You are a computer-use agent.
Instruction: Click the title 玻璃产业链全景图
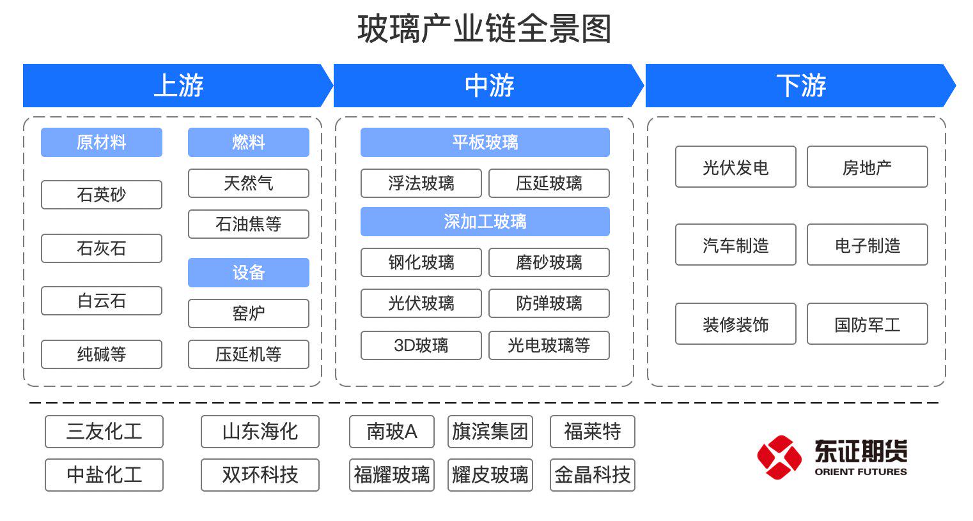(x=485, y=29)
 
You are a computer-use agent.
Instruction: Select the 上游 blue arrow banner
(x=178, y=86)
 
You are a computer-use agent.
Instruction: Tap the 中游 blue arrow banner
(x=488, y=86)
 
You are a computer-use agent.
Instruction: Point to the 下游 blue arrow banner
(x=800, y=86)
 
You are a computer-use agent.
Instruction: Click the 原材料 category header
(x=102, y=142)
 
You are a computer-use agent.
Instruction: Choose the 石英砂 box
(x=102, y=195)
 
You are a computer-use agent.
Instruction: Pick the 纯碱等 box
(x=102, y=354)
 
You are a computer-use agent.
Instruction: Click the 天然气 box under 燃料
(x=248, y=183)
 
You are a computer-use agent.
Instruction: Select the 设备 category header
(x=248, y=273)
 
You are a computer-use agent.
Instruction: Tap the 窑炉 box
(x=248, y=313)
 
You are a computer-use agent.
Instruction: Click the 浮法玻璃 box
(x=421, y=183)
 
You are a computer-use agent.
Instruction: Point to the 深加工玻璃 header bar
(x=485, y=222)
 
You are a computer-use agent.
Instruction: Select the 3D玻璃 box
(x=421, y=345)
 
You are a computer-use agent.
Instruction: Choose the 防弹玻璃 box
(x=549, y=303)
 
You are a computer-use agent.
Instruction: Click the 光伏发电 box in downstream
(x=735, y=167)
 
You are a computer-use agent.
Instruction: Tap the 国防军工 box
(x=867, y=324)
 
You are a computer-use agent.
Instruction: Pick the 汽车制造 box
(x=735, y=245)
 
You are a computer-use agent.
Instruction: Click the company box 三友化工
(x=104, y=432)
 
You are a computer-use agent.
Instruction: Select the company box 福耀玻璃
(x=392, y=475)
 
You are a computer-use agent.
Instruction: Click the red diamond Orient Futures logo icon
(x=779, y=457)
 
